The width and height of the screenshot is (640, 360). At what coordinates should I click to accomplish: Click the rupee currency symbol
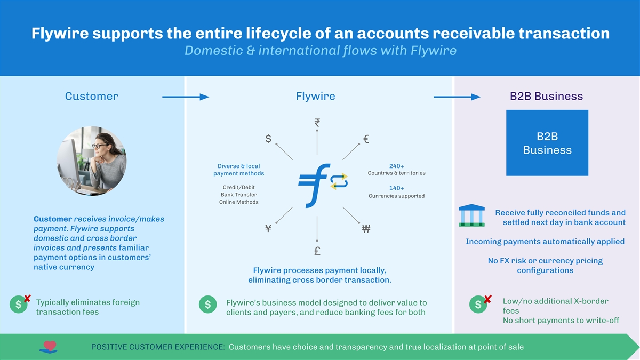tap(317, 123)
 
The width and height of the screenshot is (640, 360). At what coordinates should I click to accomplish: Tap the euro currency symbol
tap(366, 139)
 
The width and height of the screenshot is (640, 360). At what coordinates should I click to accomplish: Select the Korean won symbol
tap(366, 228)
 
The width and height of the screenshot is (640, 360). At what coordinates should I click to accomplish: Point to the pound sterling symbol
tap(317, 251)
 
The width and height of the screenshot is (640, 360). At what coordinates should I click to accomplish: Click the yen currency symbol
tap(268, 228)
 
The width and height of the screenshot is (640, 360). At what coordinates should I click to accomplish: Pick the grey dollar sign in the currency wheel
tap(268, 139)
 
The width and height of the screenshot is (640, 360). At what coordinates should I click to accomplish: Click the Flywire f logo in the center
tap(314, 186)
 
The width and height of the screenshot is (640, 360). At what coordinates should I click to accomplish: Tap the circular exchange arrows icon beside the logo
tap(339, 181)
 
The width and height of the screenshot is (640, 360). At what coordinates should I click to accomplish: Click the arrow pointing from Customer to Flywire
tap(186, 97)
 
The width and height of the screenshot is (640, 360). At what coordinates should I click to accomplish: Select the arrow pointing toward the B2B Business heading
tap(457, 97)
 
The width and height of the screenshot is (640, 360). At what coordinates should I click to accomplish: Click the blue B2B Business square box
tap(547, 143)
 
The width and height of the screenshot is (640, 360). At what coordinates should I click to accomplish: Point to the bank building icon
tap(471, 215)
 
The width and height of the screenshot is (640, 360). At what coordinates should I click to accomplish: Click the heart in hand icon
tap(49, 347)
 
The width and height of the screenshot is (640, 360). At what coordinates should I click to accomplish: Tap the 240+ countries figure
tap(397, 166)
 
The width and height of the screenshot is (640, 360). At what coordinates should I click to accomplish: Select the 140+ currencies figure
tap(397, 188)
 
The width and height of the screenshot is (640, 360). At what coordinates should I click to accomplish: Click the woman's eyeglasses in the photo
tap(100, 146)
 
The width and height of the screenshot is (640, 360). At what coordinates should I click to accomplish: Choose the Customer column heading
tap(91, 97)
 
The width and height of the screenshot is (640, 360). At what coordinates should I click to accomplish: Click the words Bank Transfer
tap(239, 195)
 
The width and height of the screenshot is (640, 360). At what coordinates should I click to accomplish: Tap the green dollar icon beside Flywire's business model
tap(207, 305)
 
